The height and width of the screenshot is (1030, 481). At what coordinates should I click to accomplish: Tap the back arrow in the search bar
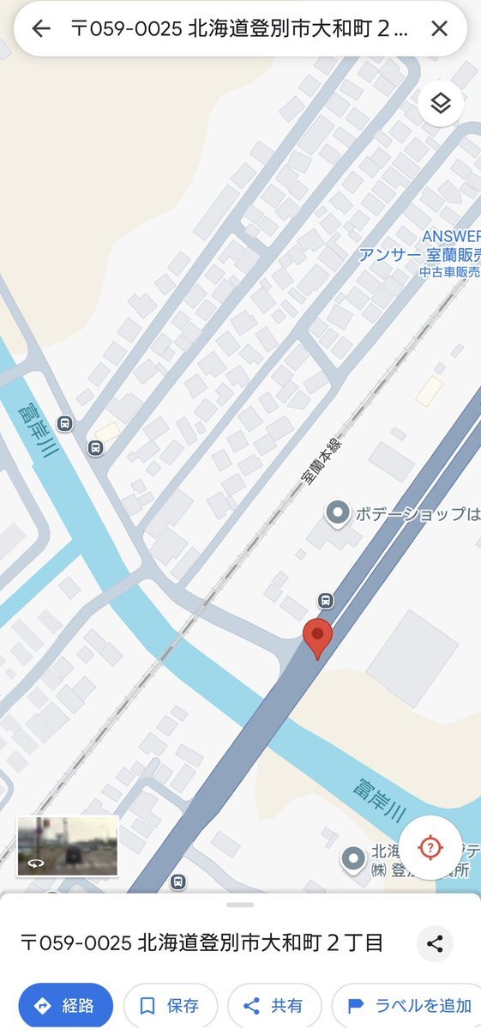[x=40, y=28]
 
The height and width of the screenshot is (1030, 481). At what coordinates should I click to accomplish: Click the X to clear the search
[x=439, y=28]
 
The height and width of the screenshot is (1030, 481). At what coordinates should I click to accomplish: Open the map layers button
[x=441, y=104]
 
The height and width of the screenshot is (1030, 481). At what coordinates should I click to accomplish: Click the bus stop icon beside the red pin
[x=325, y=600]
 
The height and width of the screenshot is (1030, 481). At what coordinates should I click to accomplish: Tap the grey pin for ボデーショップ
[x=339, y=513]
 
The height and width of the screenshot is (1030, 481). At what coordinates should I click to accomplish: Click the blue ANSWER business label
[x=451, y=236]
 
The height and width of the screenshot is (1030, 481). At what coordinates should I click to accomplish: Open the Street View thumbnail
[x=68, y=845]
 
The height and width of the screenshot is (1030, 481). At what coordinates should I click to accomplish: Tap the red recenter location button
[x=430, y=848]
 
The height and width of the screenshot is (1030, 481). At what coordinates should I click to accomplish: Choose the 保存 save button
[x=170, y=1005]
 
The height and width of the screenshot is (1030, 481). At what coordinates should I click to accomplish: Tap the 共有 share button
[x=274, y=1005]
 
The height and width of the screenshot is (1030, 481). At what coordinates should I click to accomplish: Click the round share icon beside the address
[x=435, y=944]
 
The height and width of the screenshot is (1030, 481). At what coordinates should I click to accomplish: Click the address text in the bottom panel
[x=201, y=943]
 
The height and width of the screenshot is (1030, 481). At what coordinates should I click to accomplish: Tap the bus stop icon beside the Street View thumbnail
[x=177, y=882]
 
